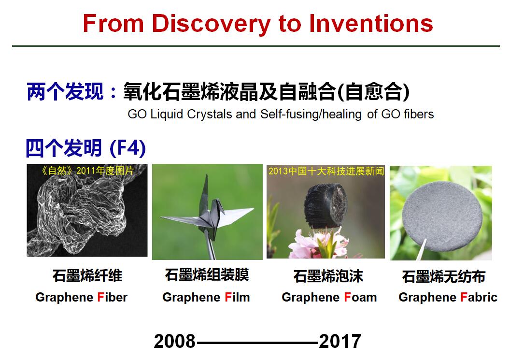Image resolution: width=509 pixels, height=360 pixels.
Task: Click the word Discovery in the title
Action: [x=211, y=24]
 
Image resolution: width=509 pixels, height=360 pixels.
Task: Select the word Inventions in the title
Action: [x=371, y=23]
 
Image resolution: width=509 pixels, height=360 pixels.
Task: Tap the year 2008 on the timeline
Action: [x=175, y=342]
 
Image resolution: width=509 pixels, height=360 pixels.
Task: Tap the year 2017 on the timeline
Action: [x=340, y=342]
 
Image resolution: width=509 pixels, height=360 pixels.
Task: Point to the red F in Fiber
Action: [x=100, y=297]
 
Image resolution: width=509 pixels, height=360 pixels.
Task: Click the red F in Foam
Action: [x=347, y=297]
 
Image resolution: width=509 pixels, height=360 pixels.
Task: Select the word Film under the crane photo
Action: [x=237, y=297]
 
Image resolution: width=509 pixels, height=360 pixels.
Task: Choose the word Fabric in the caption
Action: [x=479, y=297]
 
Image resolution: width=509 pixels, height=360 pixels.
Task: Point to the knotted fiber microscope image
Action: [x=87, y=211]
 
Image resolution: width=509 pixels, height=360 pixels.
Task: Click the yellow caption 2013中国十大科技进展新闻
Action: [x=326, y=171]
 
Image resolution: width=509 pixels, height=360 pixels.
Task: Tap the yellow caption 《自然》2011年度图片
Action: [x=87, y=171]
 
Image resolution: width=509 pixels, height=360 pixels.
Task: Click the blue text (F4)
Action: [x=128, y=148]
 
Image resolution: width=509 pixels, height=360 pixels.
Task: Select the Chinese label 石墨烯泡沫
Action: [x=328, y=276]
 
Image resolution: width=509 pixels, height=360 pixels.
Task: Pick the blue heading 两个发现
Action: [x=65, y=92]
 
